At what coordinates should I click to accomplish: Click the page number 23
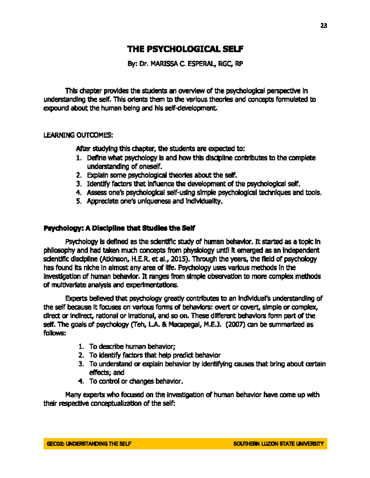pos(323,26)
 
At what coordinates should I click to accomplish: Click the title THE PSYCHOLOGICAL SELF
pos(185,49)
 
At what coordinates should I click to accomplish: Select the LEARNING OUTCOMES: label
pos(78,135)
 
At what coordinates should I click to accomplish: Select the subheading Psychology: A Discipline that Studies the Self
pos(119,228)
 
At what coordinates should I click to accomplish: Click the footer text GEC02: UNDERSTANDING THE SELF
pos(89,444)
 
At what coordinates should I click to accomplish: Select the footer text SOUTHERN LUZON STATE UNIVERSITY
pos(278,444)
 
